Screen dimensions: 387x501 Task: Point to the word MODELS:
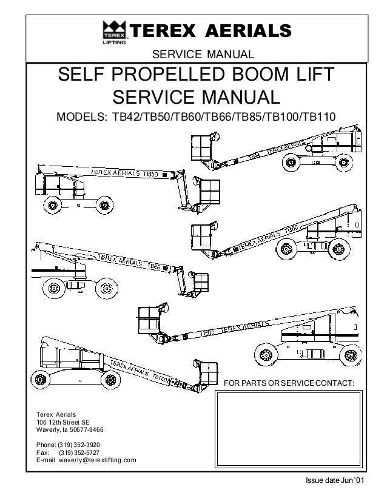[82, 115]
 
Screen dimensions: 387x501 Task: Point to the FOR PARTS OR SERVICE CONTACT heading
[293, 383]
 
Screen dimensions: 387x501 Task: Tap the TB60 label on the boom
[290, 230]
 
